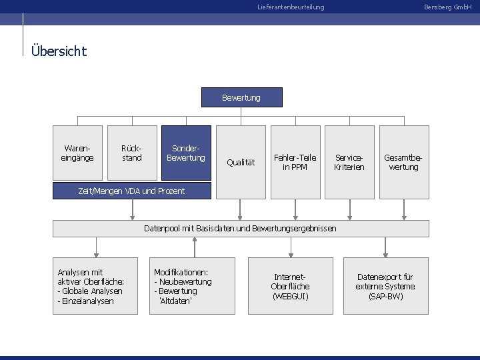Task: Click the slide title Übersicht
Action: coord(59,51)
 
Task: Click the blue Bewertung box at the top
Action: coord(241,97)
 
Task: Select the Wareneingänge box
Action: coord(78,153)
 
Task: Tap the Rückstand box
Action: coord(132,153)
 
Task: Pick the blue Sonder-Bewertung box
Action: coord(186,153)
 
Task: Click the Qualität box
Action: coord(240,162)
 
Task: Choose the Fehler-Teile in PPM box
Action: coord(295,162)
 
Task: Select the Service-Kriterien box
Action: coord(349,162)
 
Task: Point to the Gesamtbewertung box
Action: coord(403,162)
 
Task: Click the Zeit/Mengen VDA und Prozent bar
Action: coord(131,191)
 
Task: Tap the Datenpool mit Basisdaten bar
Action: coord(241,229)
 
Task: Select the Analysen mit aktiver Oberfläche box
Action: coord(95,286)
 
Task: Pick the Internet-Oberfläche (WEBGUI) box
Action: coord(290,286)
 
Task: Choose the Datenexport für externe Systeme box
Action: coord(385,286)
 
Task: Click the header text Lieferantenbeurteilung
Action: coord(291,7)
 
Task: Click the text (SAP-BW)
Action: coord(385,296)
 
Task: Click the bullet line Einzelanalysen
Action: coord(86,301)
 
